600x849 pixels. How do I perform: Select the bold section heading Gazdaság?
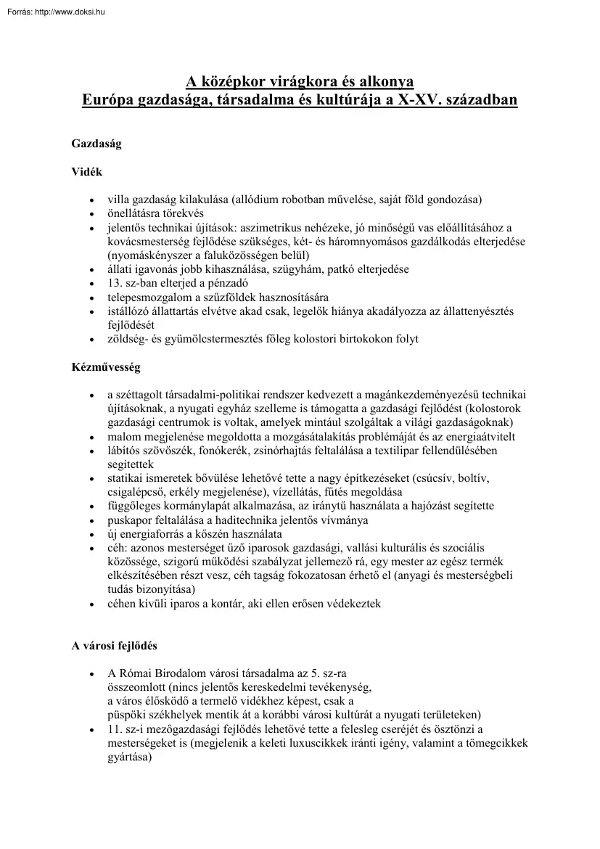pos(96,144)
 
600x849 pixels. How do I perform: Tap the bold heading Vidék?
pos(86,172)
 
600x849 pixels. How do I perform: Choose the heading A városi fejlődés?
pos(114,645)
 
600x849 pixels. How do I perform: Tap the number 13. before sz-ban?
pos(115,283)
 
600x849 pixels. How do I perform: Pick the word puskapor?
pos(131,520)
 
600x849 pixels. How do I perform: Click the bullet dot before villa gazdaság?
pos(91,200)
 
